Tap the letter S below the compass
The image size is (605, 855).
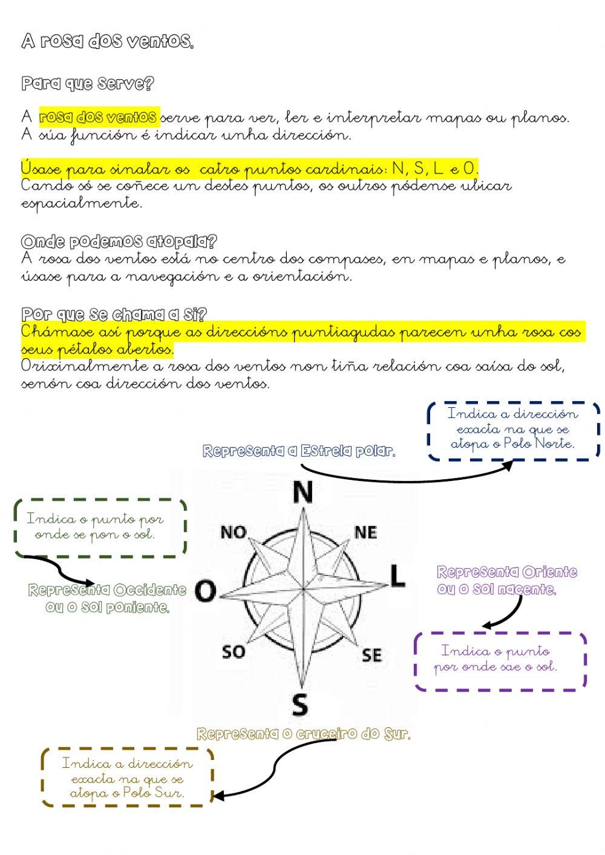[300, 705]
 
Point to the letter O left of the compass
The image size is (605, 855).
[206, 591]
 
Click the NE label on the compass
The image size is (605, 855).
[365, 532]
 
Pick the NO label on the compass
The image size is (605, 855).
[234, 532]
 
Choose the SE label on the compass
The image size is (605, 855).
[372, 655]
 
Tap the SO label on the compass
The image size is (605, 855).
[234, 652]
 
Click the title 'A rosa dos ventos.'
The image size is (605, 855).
[108, 42]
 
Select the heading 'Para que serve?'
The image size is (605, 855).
[88, 84]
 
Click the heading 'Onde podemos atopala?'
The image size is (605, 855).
[119, 242]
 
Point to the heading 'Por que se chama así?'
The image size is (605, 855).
[114, 315]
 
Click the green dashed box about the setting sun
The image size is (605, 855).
[100, 527]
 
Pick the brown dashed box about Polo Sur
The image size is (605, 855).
[128, 778]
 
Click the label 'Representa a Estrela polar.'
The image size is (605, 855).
[299, 451]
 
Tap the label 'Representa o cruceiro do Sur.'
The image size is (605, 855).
[304, 735]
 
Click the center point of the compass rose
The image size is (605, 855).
[302, 588]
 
